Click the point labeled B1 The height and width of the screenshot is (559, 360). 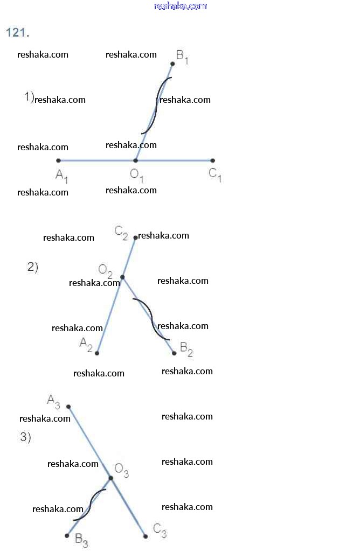[172, 64]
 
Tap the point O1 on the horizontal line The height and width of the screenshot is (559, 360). [136, 160]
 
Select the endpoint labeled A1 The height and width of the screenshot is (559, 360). [59, 160]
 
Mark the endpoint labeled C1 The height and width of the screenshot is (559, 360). [213, 160]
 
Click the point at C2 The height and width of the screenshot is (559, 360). [136, 237]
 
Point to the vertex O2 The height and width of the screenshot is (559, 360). [122, 277]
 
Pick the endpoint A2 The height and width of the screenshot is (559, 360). [97, 353]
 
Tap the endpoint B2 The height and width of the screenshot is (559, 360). [174, 353]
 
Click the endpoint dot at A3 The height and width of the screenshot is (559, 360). [68, 407]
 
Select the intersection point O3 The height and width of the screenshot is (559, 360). [110, 478]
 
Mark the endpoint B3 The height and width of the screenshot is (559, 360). [67, 535]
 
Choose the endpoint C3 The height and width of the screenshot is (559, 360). [146, 536]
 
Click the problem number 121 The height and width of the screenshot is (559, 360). [17, 33]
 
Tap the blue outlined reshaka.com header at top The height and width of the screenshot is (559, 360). [181, 6]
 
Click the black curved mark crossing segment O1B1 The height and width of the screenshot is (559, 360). [156, 106]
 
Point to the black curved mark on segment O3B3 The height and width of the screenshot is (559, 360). [89, 505]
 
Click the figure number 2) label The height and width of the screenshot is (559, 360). [33, 267]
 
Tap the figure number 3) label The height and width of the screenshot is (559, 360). [26, 437]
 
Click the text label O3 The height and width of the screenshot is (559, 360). [122, 471]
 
